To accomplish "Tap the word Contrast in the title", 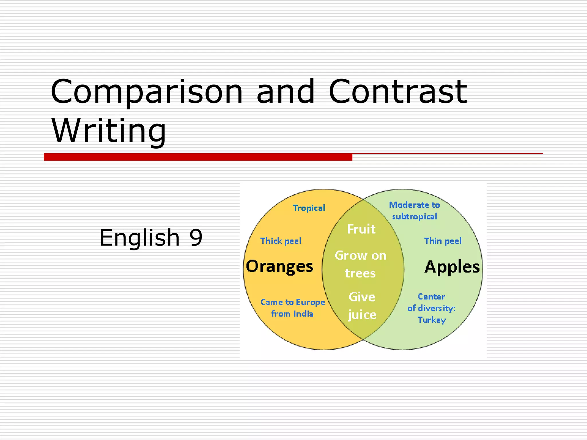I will pos(398,92).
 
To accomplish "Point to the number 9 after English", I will pos(196,238).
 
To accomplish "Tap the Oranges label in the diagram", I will pos(279,267).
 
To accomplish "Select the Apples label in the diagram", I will pos(452,267).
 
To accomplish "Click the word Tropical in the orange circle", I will pos(309,208).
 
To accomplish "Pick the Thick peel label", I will pos(281,241).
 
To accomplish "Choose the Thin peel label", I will pos(443,241).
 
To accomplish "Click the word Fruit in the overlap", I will pos(361,229).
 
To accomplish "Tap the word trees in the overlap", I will pos(360,273).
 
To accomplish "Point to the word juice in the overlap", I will pos(362,315).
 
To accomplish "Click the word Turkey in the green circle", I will pos(432,320).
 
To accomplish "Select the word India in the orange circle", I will pos(303,314).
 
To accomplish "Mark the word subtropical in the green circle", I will pos(414,217).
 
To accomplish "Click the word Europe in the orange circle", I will pos(310,302).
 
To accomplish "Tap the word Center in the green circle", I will pos(431,297).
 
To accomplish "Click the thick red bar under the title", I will pos(198,157).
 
